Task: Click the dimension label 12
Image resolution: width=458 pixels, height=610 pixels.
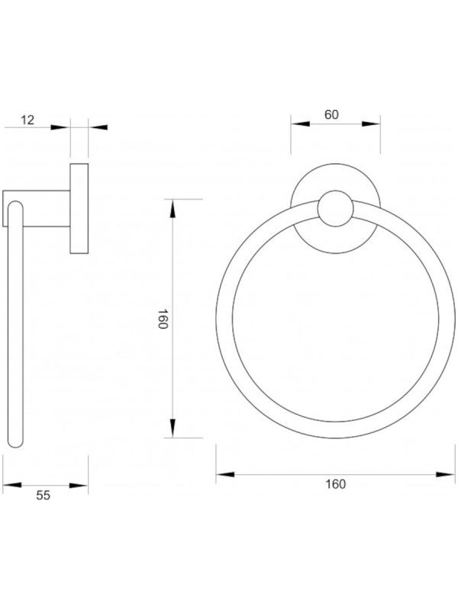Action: click(x=27, y=120)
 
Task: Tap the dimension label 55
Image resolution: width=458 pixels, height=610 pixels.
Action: click(x=44, y=495)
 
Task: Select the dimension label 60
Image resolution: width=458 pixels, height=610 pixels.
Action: click(x=331, y=114)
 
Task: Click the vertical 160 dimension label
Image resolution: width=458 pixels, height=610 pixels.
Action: click(x=163, y=319)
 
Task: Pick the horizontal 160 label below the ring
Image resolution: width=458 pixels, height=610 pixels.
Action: click(x=336, y=484)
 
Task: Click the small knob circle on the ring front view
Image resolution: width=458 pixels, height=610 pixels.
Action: click(x=336, y=208)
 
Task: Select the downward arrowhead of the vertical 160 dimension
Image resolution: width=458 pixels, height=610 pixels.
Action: click(x=173, y=429)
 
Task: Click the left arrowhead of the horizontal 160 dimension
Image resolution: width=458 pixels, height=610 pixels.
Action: click(x=225, y=474)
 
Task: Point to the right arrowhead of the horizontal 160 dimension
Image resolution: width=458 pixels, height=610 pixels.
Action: click(x=445, y=474)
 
